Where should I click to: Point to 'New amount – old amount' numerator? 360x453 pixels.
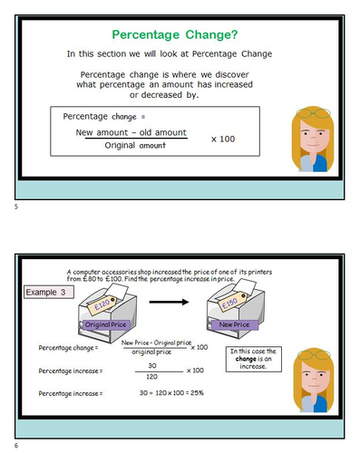point(131,132)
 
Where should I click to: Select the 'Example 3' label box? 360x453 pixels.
point(47,293)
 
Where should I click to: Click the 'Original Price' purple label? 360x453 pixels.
point(110,323)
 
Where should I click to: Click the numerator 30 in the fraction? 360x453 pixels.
point(151,365)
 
